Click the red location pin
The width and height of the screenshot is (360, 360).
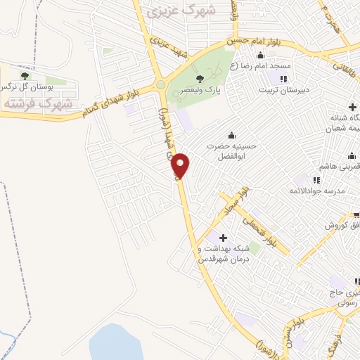point(181,166)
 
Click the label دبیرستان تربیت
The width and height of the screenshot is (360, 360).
point(283,89)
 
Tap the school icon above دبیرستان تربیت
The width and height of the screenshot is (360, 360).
point(283,79)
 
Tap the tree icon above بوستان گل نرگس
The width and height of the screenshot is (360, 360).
point(25,75)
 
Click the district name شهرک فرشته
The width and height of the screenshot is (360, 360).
point(38,103)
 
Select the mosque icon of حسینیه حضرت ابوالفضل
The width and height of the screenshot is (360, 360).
point(232,136)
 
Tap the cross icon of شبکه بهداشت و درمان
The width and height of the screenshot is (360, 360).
point(223,238)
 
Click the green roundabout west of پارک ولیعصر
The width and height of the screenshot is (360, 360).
point(162,85)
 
